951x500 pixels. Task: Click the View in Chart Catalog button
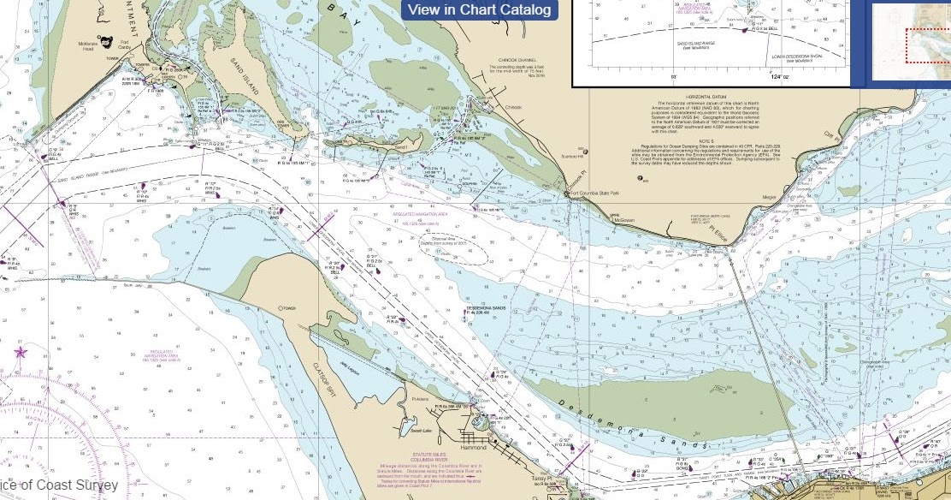coord(479,10)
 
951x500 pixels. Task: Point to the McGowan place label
coord(626,220)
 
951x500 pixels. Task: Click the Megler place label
coord(769,197)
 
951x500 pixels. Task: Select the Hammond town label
coord(472,447)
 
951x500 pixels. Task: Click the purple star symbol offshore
coord(21,352)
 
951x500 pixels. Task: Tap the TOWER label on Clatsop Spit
coord(288,307)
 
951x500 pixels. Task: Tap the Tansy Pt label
coord(539,479)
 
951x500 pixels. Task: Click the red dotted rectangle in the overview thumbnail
coord(928,45)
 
